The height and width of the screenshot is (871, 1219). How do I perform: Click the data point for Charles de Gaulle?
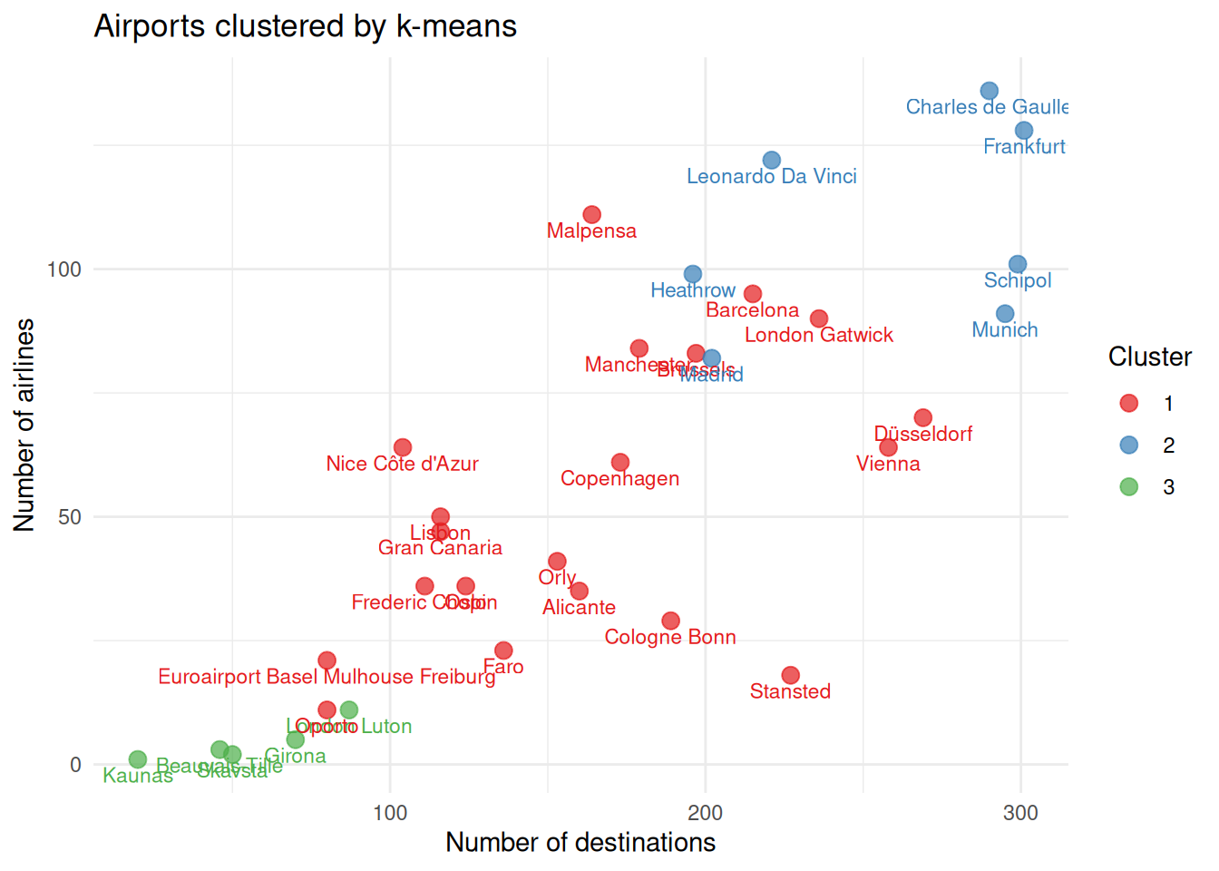click(990, 91)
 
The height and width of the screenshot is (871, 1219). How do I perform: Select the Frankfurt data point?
click(1024, 131)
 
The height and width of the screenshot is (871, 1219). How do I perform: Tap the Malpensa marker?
click(591, 215)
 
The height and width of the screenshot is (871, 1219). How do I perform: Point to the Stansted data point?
click(791, 675)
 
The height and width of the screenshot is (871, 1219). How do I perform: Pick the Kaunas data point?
click(138, 759)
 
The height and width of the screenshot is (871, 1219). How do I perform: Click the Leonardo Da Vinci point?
click(772, 161)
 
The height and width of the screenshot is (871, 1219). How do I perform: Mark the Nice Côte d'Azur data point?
click(403, 447)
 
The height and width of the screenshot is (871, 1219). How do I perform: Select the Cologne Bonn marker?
click(670, 621)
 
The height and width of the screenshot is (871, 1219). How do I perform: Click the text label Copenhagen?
click(619, 479)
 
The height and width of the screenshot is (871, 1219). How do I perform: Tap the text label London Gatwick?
click(819, 336)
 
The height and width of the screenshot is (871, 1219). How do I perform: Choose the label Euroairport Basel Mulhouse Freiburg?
click(327, 677)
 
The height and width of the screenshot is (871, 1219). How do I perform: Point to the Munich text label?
click(1005, 330)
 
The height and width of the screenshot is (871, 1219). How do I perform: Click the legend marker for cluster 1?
click(1129, 404)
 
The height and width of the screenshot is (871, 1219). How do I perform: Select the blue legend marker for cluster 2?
click(1129, 445)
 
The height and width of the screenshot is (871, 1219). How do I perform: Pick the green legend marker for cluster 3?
click(1129, 487)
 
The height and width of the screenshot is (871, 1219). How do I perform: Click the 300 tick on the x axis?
click(1020, 813)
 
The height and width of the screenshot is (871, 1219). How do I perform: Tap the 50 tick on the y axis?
click(70, 517)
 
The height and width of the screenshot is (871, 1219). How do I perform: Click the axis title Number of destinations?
click(580, 843)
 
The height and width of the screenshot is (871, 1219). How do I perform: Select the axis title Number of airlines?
click(24, 425)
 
